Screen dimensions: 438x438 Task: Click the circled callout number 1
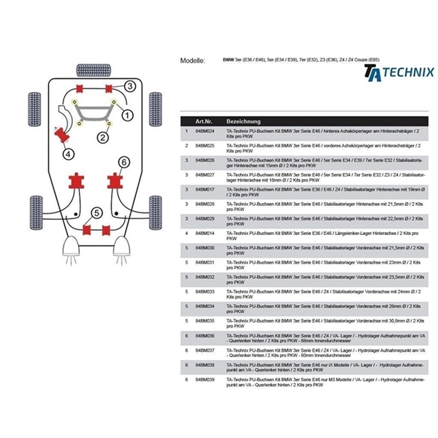point(127,115)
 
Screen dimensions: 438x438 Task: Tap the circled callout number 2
point(103,136)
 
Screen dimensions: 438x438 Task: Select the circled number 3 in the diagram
point(128,87)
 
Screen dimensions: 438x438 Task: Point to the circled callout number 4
point(67,153)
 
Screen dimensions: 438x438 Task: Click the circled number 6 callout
point(123,161)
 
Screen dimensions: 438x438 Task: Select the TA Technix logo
point(399,73)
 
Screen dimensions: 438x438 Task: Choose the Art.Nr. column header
point(204,120)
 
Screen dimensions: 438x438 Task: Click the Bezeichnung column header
point(242,120)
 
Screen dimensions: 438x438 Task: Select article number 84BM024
point(205,131)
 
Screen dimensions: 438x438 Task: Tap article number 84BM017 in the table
point(205,189)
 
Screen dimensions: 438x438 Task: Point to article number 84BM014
point(205,233)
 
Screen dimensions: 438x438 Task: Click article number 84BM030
point(205,247)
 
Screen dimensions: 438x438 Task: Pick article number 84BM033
point(205,291)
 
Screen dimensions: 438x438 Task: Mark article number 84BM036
point(205,335)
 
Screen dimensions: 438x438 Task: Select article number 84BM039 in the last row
point(205,379)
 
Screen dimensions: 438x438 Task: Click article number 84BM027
point(205,174)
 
